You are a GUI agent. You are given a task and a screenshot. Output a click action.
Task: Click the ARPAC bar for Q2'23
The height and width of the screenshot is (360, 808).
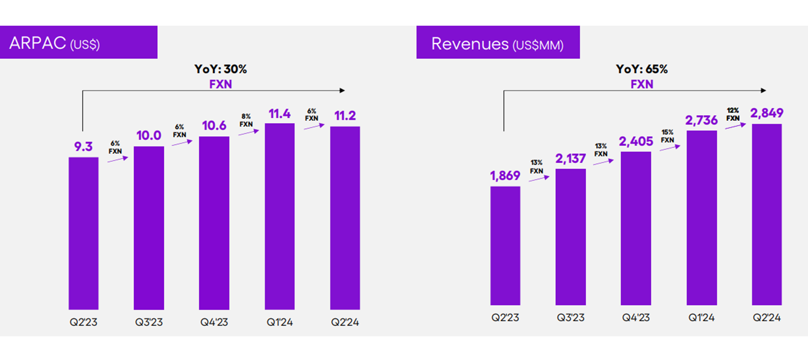pos(83,233)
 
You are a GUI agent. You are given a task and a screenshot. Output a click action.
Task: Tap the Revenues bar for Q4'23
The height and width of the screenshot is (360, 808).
pos(636,228)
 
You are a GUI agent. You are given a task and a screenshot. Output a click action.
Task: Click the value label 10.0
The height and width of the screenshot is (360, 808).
pos(149,135)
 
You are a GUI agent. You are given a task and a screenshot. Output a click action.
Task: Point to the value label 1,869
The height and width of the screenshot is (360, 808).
pos(505,176)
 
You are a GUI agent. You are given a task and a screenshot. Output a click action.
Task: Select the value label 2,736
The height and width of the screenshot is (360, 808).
pos(701,120)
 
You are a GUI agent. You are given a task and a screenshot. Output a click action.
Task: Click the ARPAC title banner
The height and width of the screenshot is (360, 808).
pos(79,43)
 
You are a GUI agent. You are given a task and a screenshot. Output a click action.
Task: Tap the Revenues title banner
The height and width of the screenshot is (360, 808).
pos(498,43)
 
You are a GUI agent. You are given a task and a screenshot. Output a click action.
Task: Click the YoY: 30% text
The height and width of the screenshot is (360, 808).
pos(221,69)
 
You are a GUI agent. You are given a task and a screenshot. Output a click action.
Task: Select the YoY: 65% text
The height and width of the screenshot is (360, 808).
pos(641,69)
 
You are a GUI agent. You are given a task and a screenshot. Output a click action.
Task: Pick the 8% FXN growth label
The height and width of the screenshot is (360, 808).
pos(246,120)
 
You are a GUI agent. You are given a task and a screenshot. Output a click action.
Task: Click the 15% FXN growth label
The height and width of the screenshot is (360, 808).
pos(667,136)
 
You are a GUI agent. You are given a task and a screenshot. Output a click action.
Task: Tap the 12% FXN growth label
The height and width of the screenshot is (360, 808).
pos(732,114)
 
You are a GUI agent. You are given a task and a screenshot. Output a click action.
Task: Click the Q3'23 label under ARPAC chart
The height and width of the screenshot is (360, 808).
pos(149,322)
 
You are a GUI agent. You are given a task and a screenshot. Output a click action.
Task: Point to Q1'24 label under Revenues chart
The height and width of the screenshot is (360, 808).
pos(701,317)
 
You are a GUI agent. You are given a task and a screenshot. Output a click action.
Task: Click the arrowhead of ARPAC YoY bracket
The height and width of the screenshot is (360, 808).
pos(342,91)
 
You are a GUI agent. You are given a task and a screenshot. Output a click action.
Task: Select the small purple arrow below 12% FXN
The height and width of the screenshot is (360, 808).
pos(735,126)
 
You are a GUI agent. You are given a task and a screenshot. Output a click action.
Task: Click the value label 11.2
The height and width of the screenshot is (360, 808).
pos(345,116)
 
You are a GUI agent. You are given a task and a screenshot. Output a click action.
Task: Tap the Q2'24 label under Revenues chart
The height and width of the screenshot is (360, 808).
pos(767,317)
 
